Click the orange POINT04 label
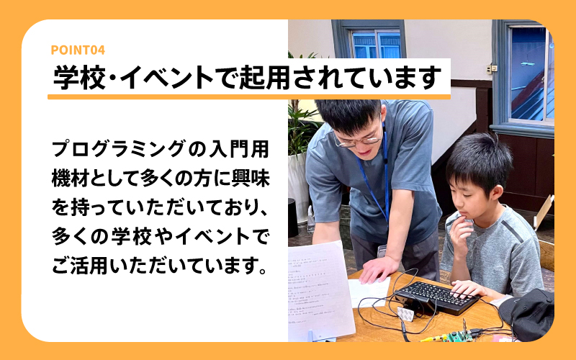[78, 50]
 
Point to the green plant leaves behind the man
[300, 122]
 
